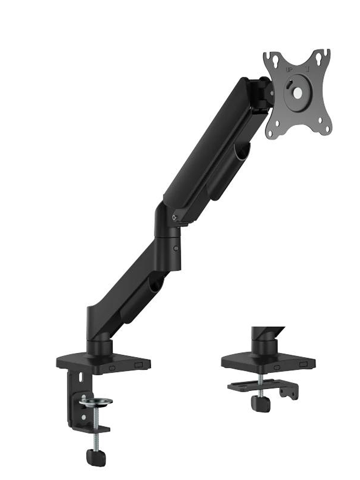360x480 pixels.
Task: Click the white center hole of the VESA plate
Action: pos(297,93)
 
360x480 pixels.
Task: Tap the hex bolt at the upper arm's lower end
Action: pos(175,217)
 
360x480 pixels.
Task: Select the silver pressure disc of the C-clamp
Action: pos(96,402)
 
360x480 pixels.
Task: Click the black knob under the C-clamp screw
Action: pos(96,457)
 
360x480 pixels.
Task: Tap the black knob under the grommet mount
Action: pos(261,403)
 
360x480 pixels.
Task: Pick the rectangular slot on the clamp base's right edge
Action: pos(138,365)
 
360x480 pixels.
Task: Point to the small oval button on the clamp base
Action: pos(112,368)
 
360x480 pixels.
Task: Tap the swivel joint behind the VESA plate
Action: pos(263,93)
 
